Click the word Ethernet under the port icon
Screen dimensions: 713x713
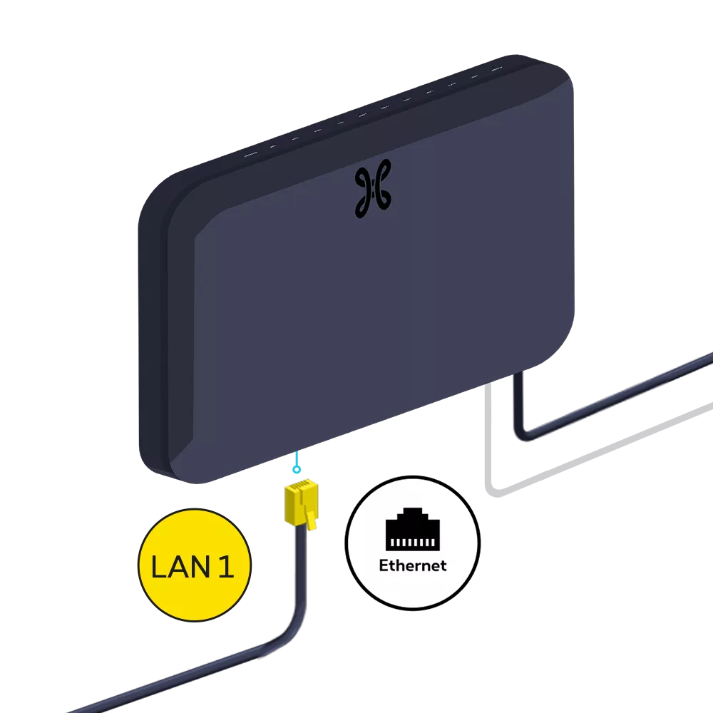point(413,565)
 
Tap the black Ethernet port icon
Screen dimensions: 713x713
point(413,530)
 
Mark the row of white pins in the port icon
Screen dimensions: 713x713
point(413,543)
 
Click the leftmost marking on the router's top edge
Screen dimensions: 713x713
point(250,155)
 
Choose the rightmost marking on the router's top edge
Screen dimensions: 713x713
point(496,68)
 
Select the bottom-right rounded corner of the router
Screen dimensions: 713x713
point(560,342)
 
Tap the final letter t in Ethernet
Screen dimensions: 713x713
point(443,565)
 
